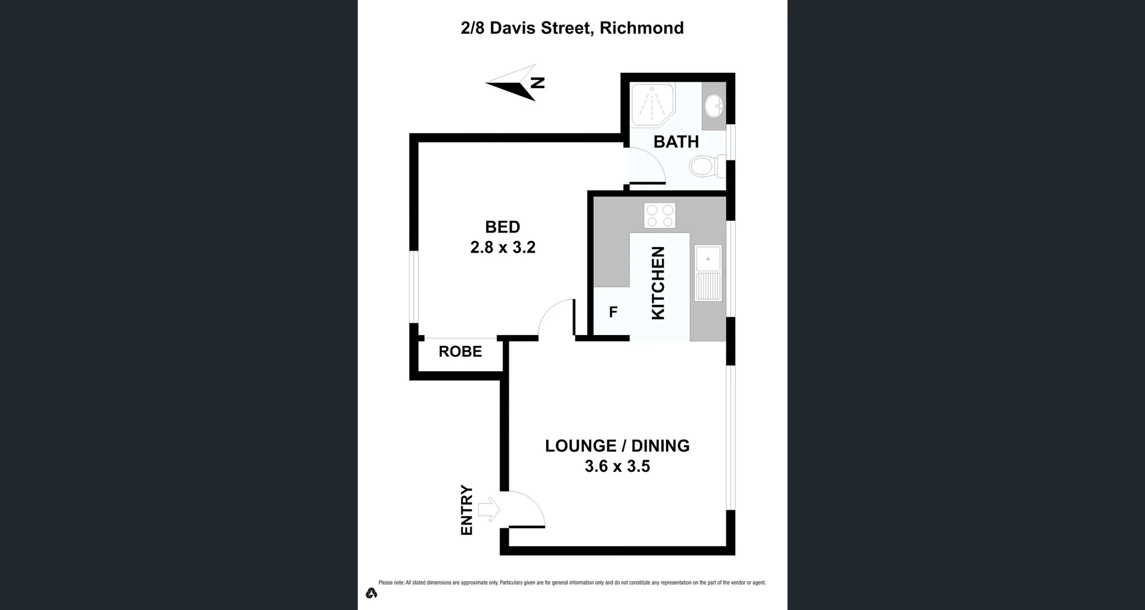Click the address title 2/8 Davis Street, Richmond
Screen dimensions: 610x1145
pos(572,28)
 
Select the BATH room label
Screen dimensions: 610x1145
pos(676,142)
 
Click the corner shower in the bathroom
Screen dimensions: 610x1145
pos(652,105)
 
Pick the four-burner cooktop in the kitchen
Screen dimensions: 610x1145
pos(660,215)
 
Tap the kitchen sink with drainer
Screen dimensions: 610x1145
pos(708,273)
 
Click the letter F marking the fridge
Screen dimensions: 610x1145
pos(613,312)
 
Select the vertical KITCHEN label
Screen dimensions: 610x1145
pos(658,283)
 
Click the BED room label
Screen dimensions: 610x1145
pos(502,227)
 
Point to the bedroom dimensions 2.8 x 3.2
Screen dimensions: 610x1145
pos(503,247)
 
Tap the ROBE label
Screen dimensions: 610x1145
pos(460,352)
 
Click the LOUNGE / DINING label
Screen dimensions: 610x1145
pos(617,446)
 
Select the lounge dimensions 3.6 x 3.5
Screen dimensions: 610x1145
pos(617,466)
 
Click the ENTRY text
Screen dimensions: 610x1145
pos(467,510)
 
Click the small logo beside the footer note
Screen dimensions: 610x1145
pos(372,593)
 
